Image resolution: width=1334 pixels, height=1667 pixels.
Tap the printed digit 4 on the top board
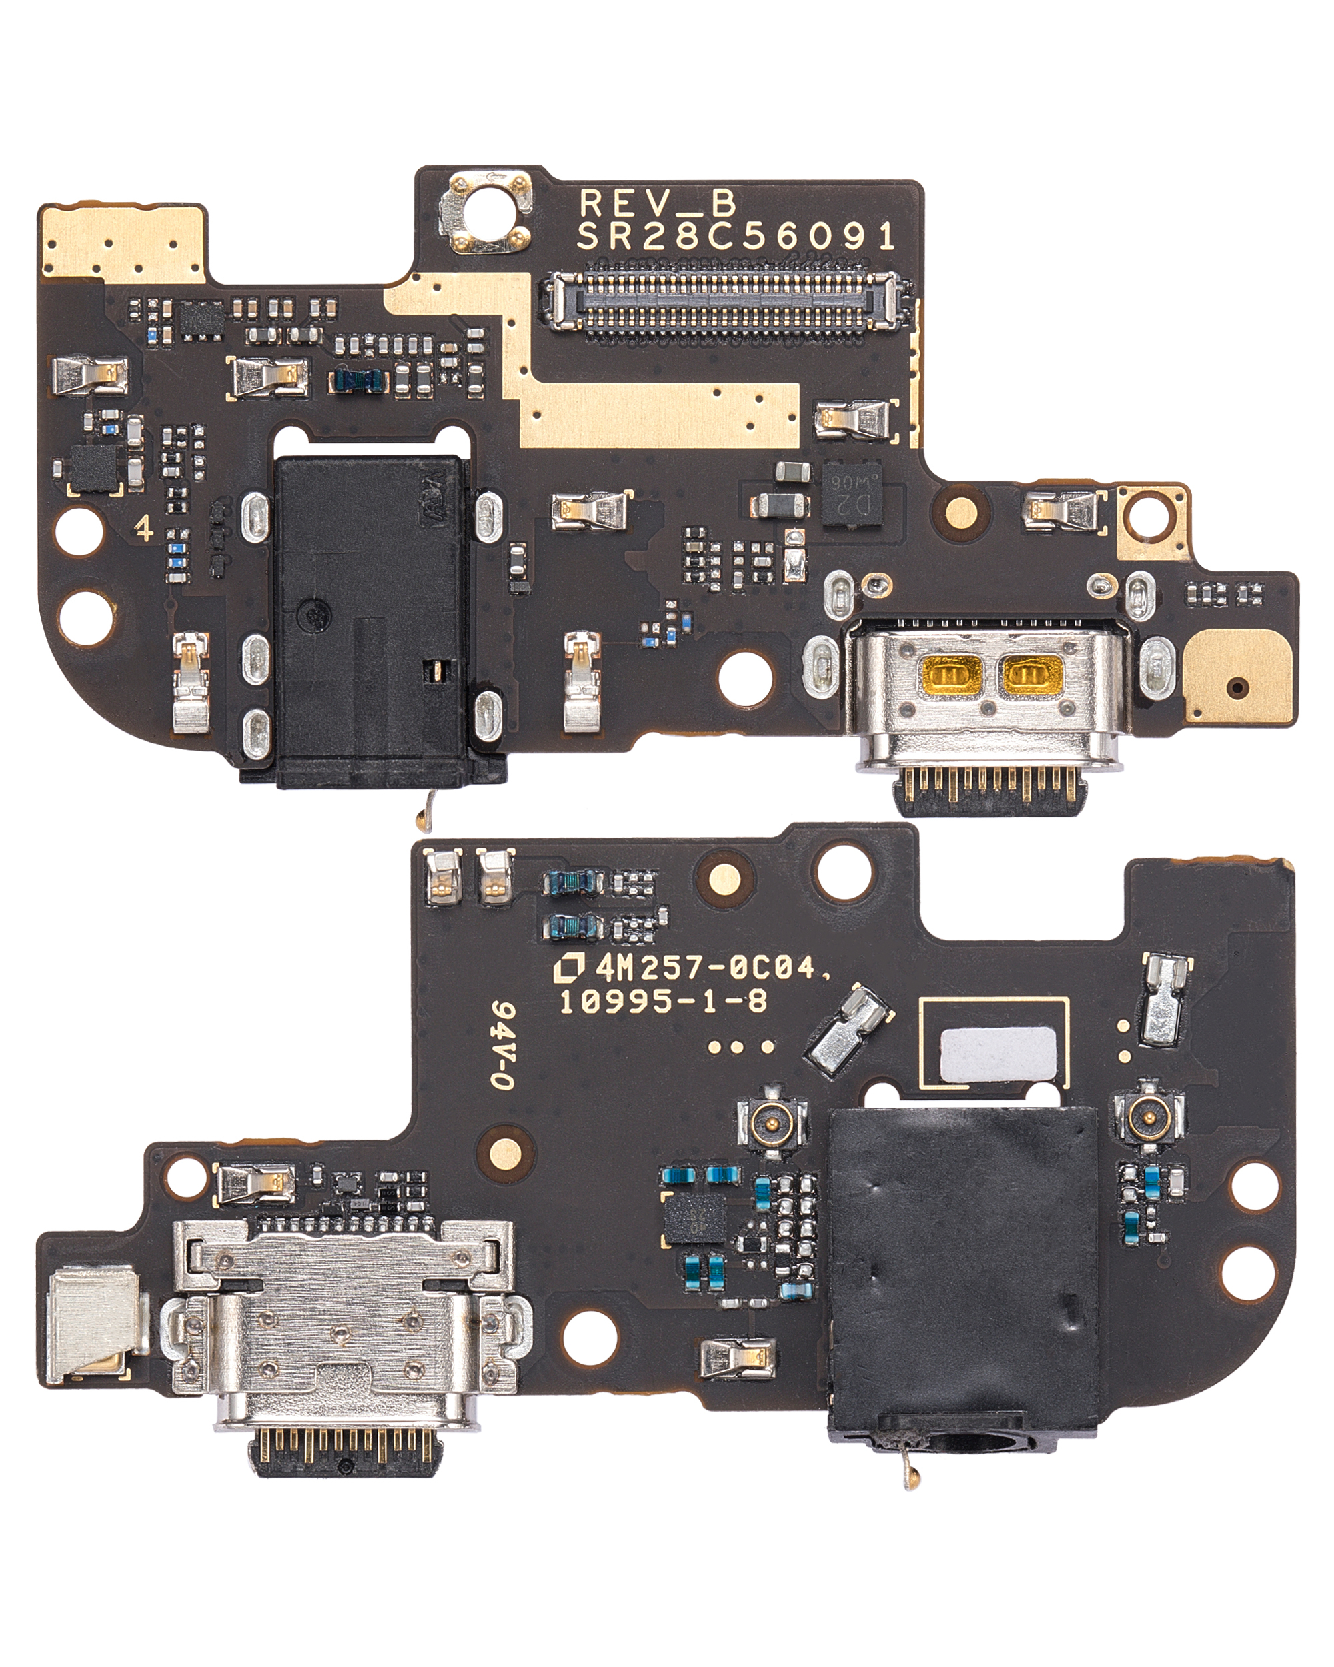(143, 529)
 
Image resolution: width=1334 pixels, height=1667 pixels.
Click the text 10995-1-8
(663, 1002)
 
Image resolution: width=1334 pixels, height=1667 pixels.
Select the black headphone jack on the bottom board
(962, 1268)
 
